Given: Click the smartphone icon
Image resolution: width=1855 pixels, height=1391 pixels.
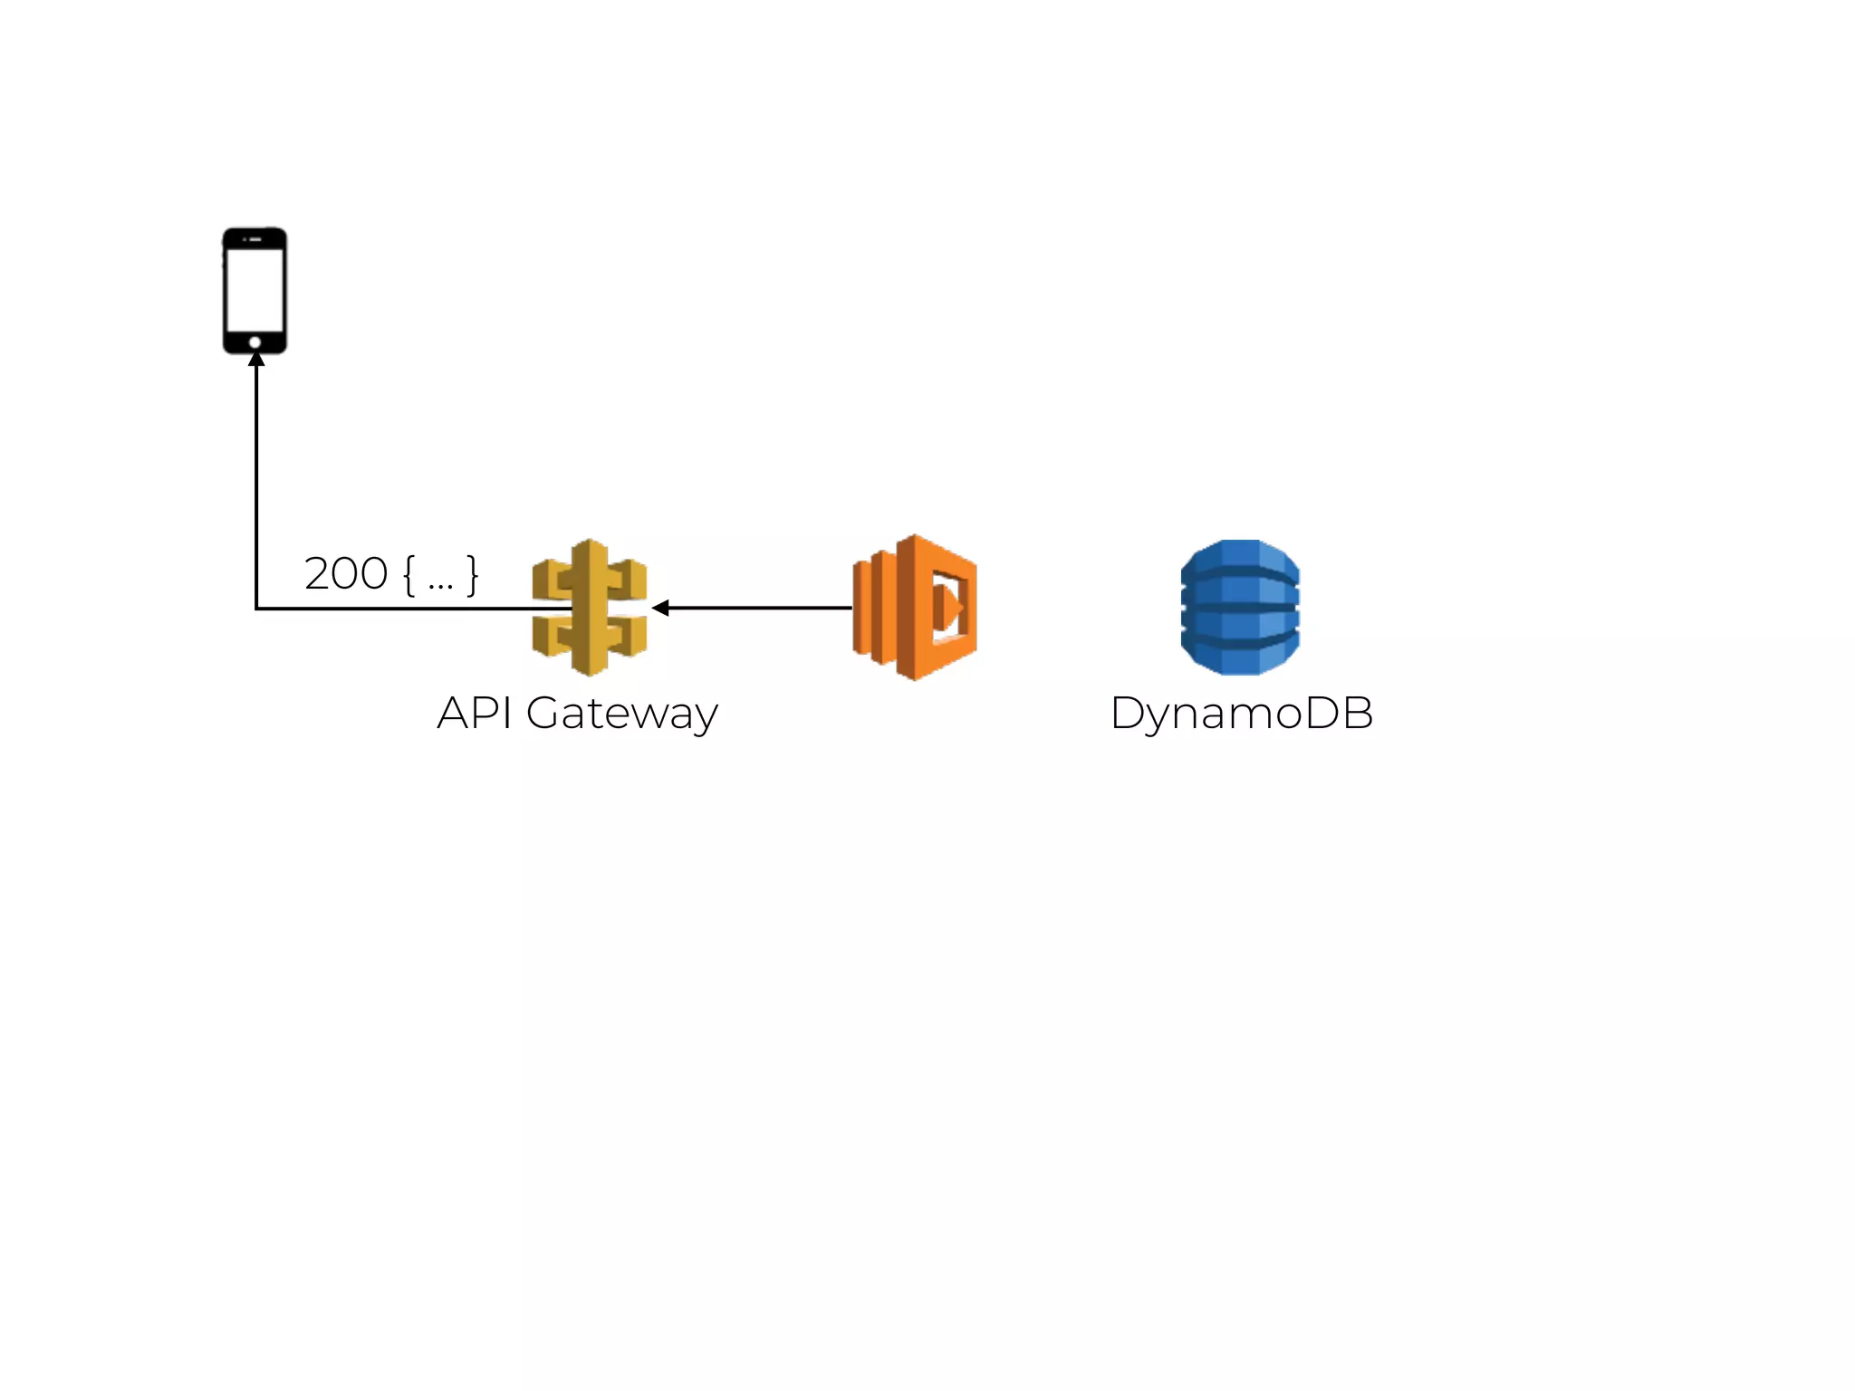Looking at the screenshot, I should [x=255, y=290].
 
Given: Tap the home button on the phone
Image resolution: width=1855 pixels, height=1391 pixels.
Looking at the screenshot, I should [x=255, y=342].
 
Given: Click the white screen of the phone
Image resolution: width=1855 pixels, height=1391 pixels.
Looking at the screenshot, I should [x=255, y=290].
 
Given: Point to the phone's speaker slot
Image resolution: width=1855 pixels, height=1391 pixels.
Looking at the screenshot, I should [x=255, y=239].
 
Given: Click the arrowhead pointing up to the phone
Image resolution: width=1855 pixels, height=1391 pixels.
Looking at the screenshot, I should [x=256, y=360].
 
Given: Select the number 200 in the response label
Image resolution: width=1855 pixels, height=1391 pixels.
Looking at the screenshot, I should [x=346, y=574].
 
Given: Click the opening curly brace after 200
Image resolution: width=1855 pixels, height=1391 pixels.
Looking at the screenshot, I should [x=409, y=575].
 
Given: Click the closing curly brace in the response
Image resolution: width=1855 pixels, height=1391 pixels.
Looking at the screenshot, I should [x=472, y=575].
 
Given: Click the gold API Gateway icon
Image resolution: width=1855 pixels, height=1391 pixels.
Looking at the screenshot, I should [x=590, y=608].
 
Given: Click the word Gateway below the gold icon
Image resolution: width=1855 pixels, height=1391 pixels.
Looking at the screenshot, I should [x=622, y=714].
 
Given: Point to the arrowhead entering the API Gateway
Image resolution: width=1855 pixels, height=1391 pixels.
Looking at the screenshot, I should [x=660, y=608].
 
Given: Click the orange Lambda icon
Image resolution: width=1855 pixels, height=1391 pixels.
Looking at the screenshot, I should [x=915, y=608].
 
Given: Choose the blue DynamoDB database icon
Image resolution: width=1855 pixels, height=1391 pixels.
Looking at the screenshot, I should [x=1240, y=607].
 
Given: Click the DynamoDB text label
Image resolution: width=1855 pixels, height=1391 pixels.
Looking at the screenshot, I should [x=1242, y=713].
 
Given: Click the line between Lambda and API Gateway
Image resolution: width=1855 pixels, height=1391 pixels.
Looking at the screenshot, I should [x=761, y=608].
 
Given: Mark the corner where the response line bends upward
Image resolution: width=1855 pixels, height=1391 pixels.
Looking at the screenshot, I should [x=257, y=609].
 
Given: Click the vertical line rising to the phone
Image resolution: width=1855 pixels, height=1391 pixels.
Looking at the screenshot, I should [x=256, y=480].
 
